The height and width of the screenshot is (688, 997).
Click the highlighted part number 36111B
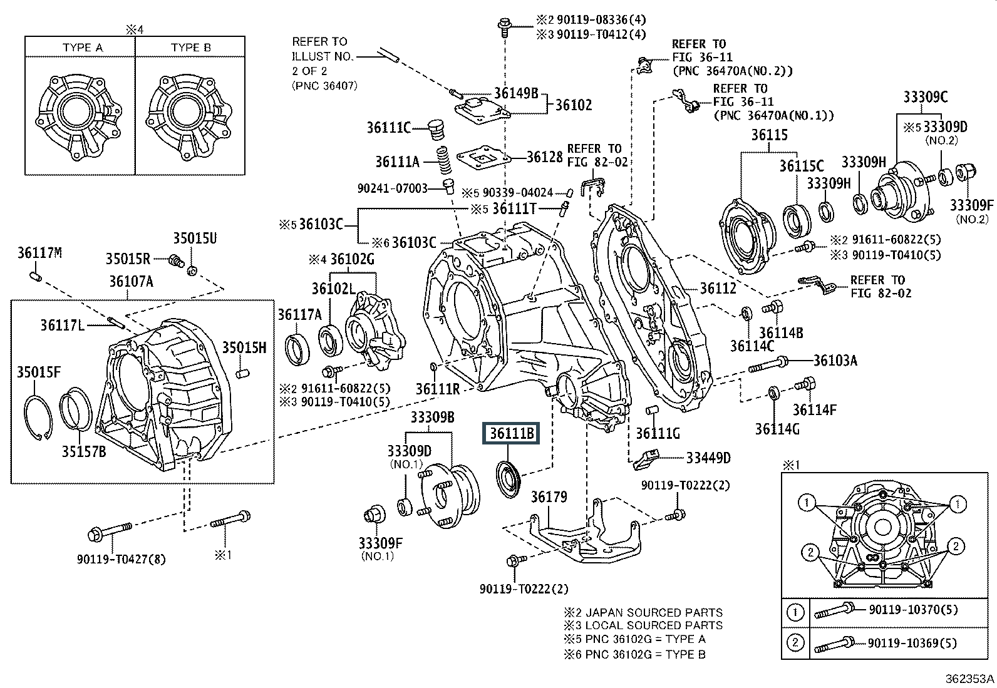(511, 433)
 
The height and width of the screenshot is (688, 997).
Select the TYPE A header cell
(83, 48)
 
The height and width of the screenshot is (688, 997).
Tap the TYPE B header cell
(191, 48)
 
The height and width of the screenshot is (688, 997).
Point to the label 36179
(549, 497)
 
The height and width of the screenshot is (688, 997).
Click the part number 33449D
(708, 458)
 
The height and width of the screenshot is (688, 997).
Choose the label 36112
(718, 289)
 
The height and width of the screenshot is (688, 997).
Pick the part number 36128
(544, 157)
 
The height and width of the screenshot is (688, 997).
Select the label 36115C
(802, 166)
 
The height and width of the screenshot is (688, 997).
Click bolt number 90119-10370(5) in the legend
(913, 610)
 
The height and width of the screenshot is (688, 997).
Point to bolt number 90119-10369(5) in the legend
(913, 643)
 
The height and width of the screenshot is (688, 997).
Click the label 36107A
(132, 282)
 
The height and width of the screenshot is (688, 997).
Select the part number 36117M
(40, 253)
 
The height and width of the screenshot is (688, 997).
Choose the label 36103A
(835, 360)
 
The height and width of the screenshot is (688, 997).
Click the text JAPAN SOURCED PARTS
(654, 612)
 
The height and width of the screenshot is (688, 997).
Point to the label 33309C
(925, 97)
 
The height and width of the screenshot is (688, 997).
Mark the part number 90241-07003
(392, 188)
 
